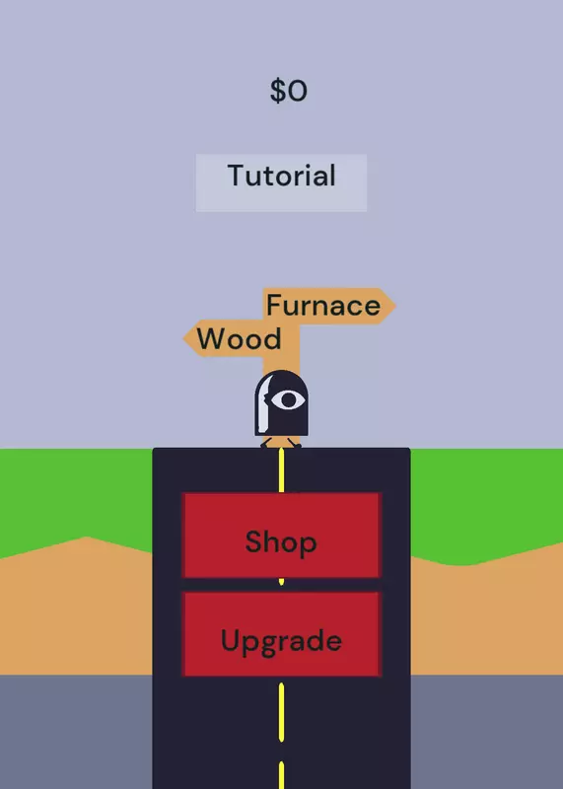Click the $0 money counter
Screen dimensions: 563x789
tap(288, 91)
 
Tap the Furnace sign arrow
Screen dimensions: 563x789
tap(329, 306)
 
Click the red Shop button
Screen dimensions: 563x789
tap(281, 535)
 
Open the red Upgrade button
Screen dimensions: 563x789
tap(281, 634)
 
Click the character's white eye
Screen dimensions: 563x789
tap(288, 400)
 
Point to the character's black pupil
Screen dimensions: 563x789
tap(288, 400)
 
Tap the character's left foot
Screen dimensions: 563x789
tap(266, 442)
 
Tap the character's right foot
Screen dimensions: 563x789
tap(295, 442)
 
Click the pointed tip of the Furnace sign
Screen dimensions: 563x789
tap(395, 306)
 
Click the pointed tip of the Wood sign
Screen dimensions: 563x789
tap(183, 338)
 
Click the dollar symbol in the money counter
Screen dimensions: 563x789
tap(277, 91)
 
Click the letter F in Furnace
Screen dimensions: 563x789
tap(273, 305)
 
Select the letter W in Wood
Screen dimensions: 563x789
tap(209, 338)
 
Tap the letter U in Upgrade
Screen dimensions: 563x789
tap(229, 640)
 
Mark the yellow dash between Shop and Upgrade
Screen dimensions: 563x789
tap(281, 582)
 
